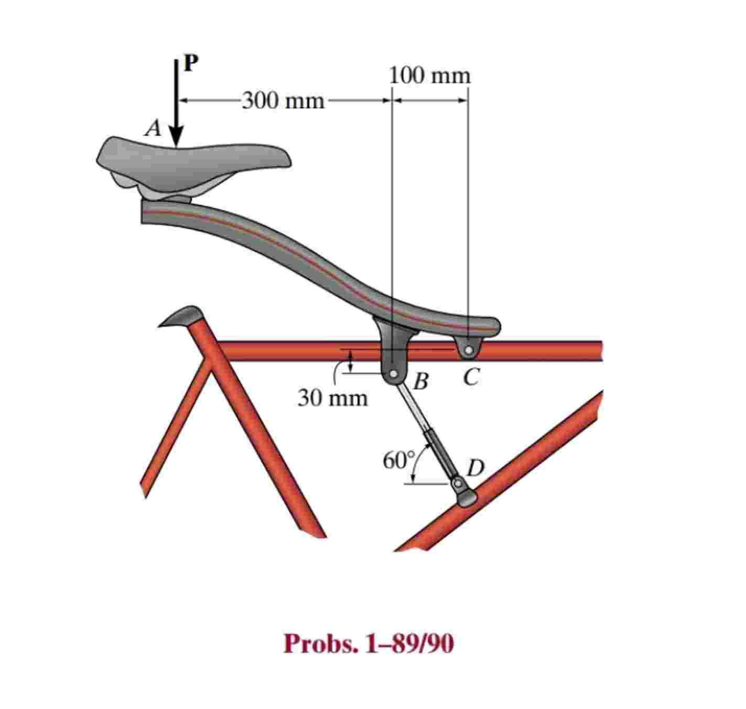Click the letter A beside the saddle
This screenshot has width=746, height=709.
(153, 128)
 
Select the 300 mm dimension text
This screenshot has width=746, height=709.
(284, 100)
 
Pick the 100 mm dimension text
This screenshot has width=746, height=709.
(430, 76)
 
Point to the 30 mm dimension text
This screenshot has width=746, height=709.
(333, 399)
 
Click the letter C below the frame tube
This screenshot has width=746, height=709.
(471, 377)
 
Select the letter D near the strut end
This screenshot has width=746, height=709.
(476, 467)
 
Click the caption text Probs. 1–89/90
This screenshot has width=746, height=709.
(369, 644)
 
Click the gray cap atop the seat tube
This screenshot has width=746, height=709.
(181, 316)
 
